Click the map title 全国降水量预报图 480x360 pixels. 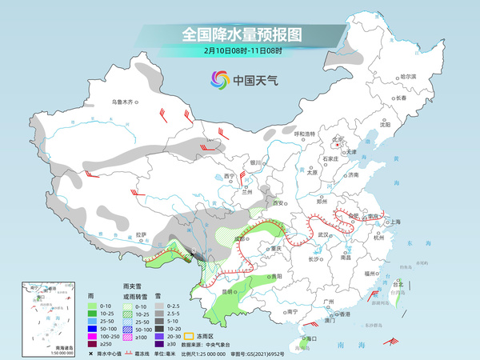(x=240, y=34)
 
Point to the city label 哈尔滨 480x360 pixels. (x=409, y=75)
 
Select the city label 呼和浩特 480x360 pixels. (x=305, y=133)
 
